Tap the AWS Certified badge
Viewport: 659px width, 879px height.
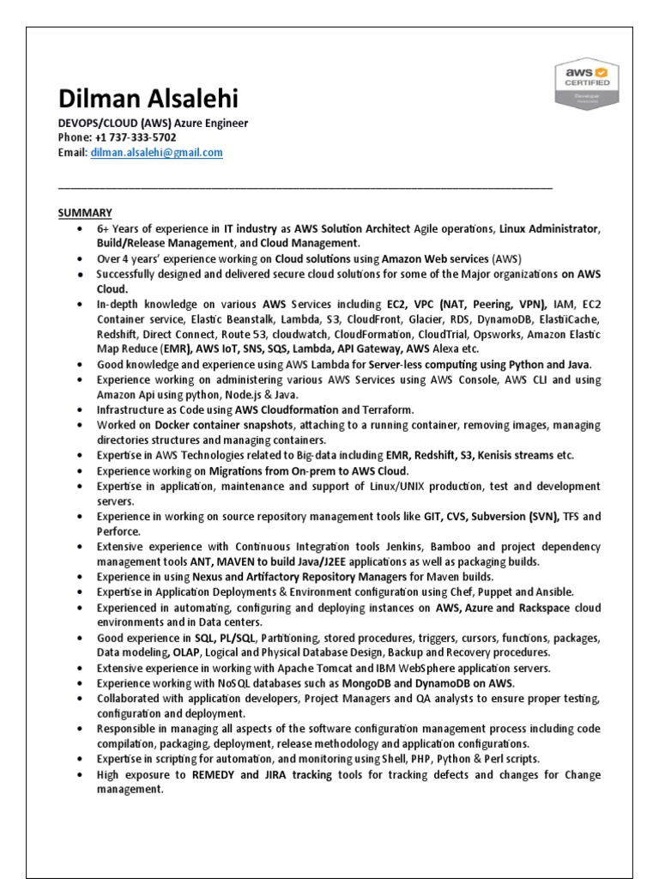tap(587, 84)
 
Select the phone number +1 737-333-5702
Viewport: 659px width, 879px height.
tap(136, 137)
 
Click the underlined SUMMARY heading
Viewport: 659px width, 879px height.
tap(85, 212)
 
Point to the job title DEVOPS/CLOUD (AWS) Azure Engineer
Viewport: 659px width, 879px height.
tap(153, 123)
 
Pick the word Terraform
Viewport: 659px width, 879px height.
tap(390, 409)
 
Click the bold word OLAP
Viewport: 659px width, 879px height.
tap(181, 652)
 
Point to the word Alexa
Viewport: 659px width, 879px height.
tap(438, 349)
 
